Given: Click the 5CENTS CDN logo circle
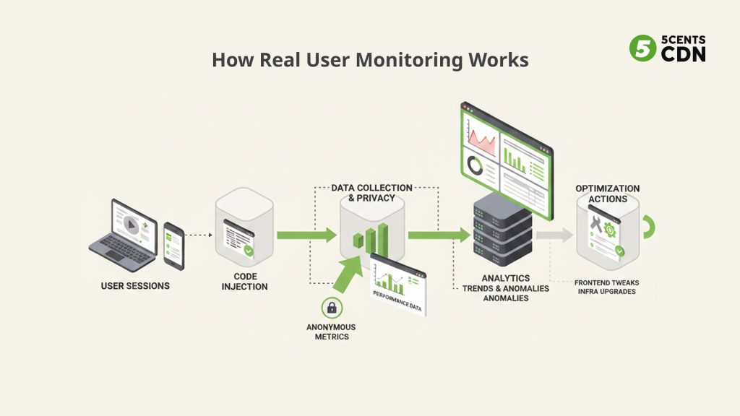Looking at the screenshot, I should pyautogui.click(x=642, y=48).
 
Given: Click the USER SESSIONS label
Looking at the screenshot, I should pyautogui.click(x=135, y=285).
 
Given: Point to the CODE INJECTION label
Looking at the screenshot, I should pyautogui.click(x=245, y=282).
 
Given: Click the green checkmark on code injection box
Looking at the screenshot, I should pyautogui.click(x=249, y=251).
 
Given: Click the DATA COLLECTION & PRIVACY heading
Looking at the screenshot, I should pyautogui.click(x=371, y=193).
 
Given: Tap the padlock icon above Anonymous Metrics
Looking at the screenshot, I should pyautogui.click(x=331, y=308).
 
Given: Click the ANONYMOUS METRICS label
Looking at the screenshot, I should pyautogui.click(x=331, y=331).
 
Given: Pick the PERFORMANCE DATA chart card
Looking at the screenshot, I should pyautogui.click(x=398, y=285).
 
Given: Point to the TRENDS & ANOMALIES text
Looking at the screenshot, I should pyautogui.click(x=506, y=288).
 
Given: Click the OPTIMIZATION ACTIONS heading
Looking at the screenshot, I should pyautogui.click(x=607, y=194).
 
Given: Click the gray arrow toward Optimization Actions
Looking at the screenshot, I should pyautogui.click(x=555, y=234).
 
